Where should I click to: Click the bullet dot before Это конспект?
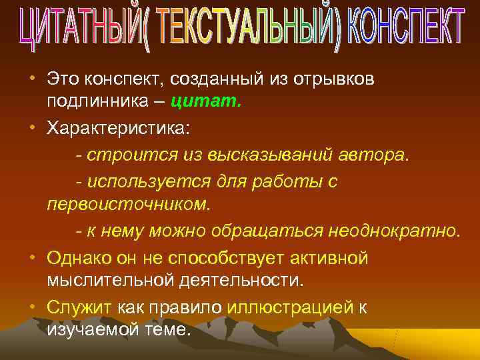tap(32, 79)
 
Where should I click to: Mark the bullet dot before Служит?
tap(32, 307)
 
